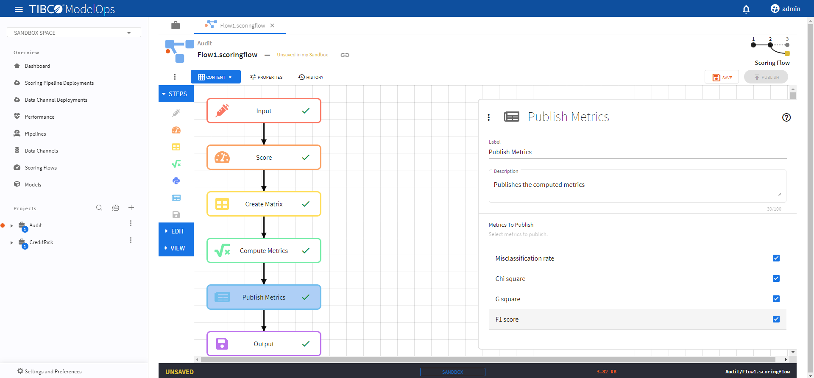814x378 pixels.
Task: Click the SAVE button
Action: [x=722, y=77]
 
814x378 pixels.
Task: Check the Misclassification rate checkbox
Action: [x=776, y=258]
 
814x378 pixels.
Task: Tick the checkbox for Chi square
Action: [x=776, y=278]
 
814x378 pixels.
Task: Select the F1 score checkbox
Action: [x=776, y=319]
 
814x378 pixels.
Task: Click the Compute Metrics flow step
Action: [x=264, y=250]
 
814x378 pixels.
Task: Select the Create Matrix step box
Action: [x=264, y=204]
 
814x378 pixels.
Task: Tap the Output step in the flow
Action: [x=264, y=344]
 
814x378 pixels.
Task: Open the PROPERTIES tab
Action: [x=266, y=77]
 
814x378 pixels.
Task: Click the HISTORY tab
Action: [x=311, y=77]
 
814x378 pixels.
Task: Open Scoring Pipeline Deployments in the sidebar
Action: [x=59, y=83]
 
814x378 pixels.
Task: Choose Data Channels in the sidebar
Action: [x=41, y=151]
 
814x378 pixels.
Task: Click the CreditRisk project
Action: [x=41, y=242]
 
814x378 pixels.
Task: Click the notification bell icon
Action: [x=746, y=9]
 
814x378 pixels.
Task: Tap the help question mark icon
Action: [x=786, y=117]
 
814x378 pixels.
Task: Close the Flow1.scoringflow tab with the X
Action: [x=272, y=25]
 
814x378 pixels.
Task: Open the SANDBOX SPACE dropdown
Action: [x=74, y=33]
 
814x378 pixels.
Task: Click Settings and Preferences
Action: [x=53, y=372]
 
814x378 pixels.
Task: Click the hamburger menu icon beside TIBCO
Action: [x=19, y=9]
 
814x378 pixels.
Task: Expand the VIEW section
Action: [x=176, y=248]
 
